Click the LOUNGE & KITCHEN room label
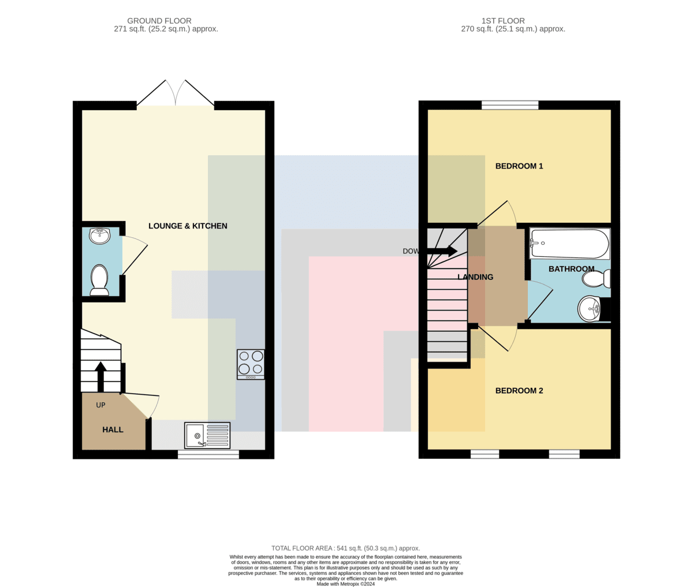pos(188,226)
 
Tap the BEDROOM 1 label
pos(519,166)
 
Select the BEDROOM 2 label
pos(519,390)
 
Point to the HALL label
pos(113,429)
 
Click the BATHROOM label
pos(571,269)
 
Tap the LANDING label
pos(475,277)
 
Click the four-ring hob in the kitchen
pos(251,365)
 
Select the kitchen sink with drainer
pos(207,436)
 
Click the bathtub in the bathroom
pos(569,244)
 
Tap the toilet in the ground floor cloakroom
pos(99,280)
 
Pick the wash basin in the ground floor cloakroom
pos(99,236)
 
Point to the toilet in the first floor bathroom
pos(597,279)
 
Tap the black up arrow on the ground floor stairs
pos(100,376)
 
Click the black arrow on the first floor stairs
pos(442,251)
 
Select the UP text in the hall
pos(100,405)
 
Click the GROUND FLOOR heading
pos(159,21)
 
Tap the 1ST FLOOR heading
pos(503,21)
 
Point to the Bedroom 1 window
pos(510,105)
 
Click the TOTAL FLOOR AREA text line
pos(346,548)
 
